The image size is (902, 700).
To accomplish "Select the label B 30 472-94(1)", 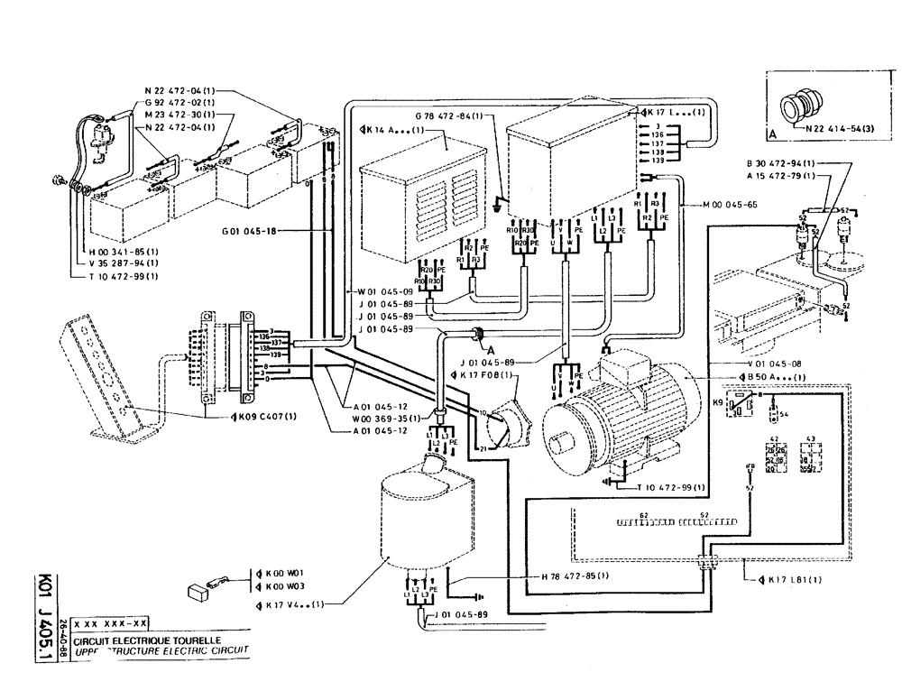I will [781, 162].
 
